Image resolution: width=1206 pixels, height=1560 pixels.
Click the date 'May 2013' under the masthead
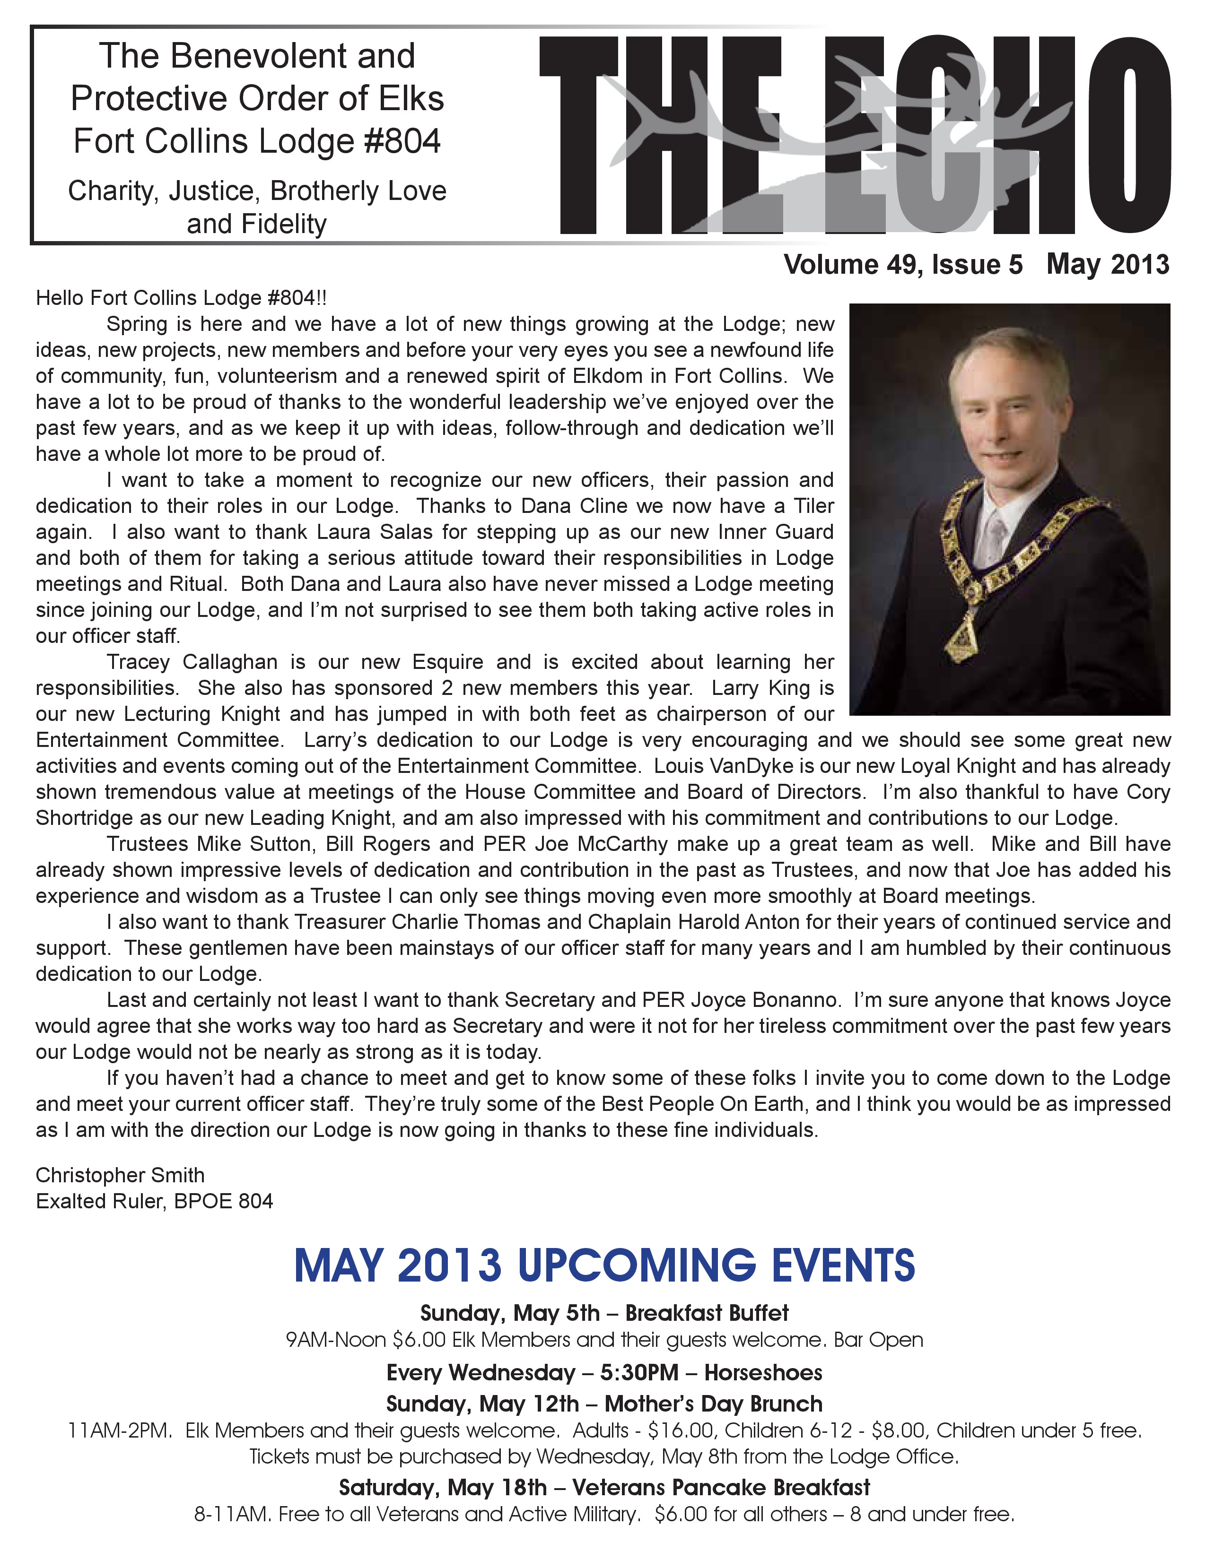[x=1108, y=265]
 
